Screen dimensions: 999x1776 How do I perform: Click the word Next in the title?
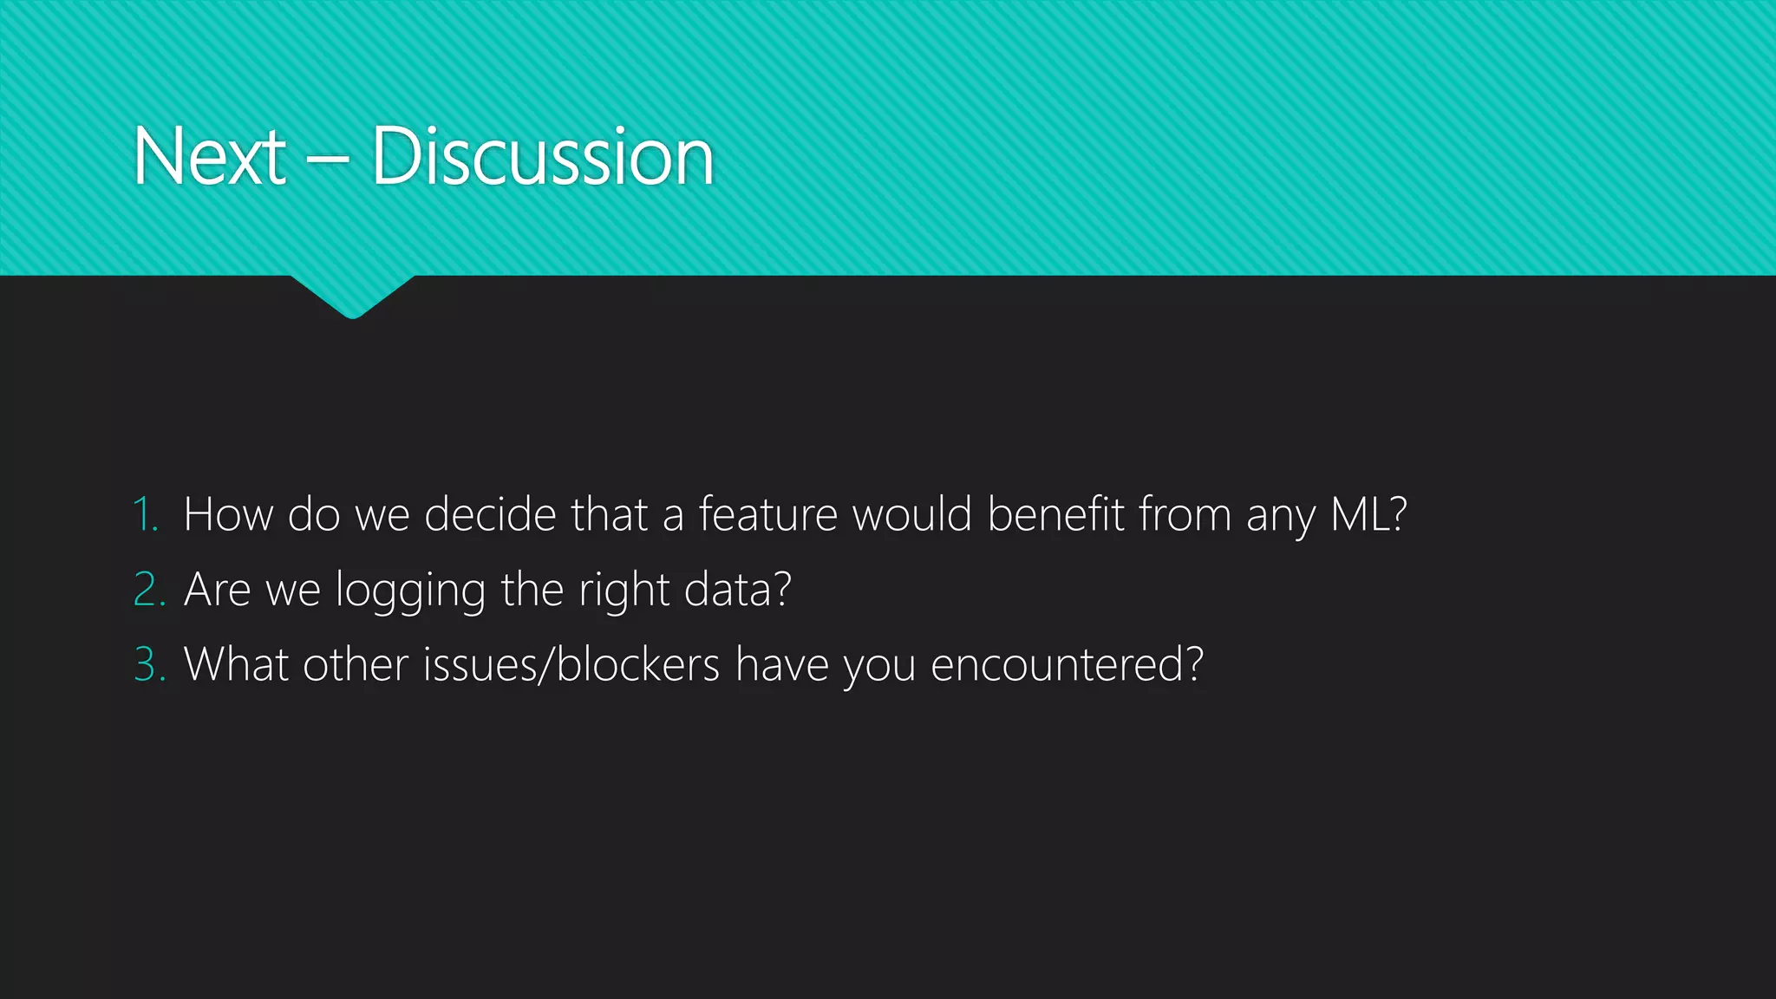(x=209, y=157)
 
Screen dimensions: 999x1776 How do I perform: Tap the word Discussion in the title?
(x=543, y=157)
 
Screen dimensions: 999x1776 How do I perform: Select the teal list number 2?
(x=148, y=590)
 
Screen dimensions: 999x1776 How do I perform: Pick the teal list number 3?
(x=148, y=665)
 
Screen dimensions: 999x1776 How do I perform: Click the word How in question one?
(x=228, y=514)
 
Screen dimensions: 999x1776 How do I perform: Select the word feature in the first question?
(x=768, y=514)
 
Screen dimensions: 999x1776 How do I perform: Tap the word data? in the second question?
(x=737, y=590)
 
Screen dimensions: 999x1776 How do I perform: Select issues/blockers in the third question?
(x=571, y=665)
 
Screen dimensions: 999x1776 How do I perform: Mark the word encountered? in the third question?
(x=1067, y=665)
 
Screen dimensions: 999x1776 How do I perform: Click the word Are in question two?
(x=217, y=590)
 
